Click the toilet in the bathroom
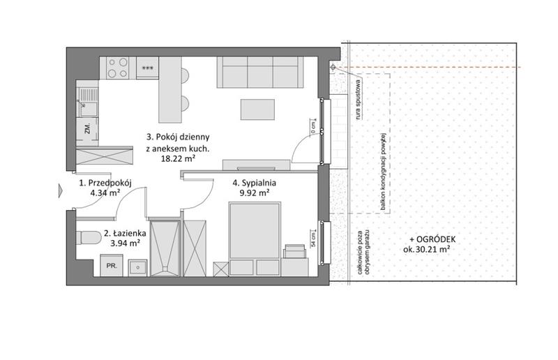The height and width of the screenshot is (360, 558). [89, 237]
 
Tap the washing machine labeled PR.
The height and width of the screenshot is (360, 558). [112, 265]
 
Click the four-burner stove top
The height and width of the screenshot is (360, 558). [118, 68]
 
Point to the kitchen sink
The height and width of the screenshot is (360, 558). [87, 103]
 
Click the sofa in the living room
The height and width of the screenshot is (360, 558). [260, 72]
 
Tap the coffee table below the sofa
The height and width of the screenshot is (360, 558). [257, 110]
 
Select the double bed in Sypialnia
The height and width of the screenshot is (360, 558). [255, 239]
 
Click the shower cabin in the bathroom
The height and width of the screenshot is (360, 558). [165, 248]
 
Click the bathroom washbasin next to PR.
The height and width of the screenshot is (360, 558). [137, 267]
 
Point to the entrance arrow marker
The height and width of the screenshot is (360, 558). [61, 191]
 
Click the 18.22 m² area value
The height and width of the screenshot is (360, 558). [178, 159]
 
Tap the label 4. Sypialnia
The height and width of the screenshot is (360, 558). [254, 183]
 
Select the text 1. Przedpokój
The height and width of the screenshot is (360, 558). [105, 183]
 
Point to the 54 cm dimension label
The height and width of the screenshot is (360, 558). [313, 239]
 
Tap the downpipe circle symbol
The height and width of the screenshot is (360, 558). [333, 67]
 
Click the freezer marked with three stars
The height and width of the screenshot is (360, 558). [147, 68]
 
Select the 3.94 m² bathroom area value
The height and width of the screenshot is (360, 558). [126, 243]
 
